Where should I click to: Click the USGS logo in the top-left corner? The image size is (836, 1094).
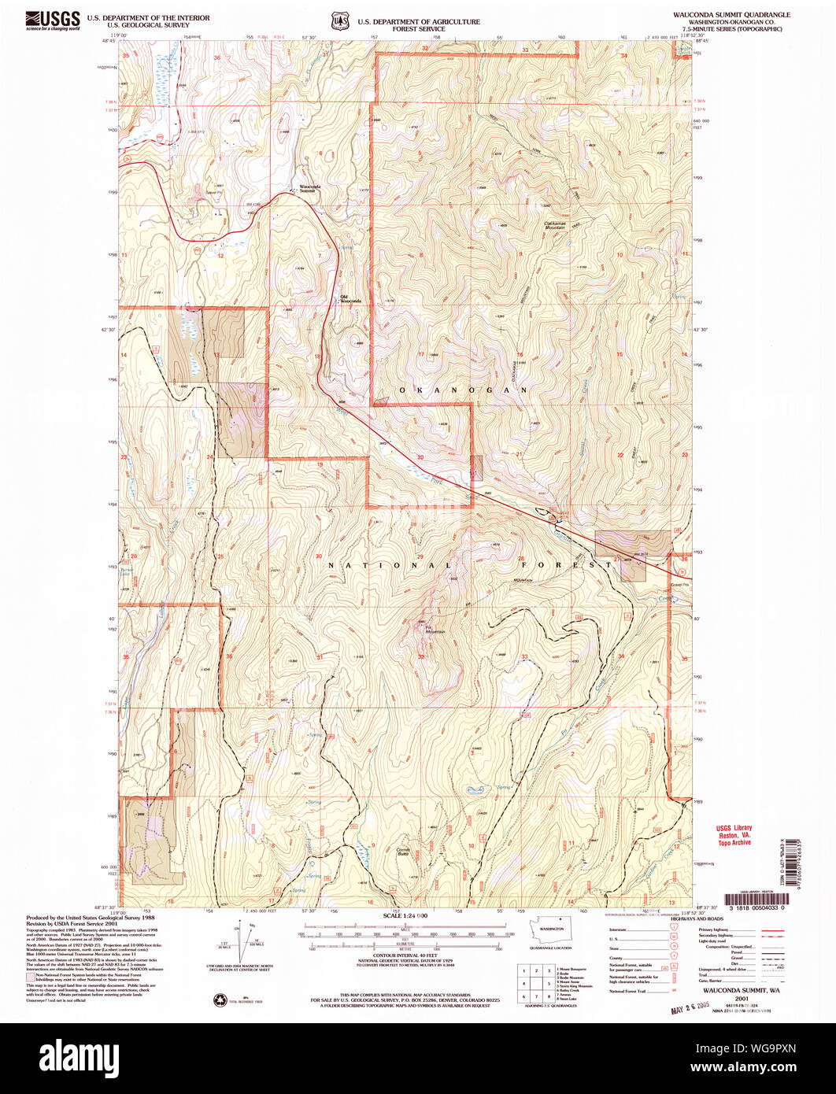[x=53, y=20]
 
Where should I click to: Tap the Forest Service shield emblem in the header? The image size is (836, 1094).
[x=339, y=20]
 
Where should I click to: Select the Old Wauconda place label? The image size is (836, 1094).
[x=350, y=299]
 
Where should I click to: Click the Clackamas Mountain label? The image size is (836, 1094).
[x=560, y=225]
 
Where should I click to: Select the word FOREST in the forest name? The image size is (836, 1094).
[x=555, y=565]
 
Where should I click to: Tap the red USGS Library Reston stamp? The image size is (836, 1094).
[x=734, y=834]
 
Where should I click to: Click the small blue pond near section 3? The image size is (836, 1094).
[x=475, y=789]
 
